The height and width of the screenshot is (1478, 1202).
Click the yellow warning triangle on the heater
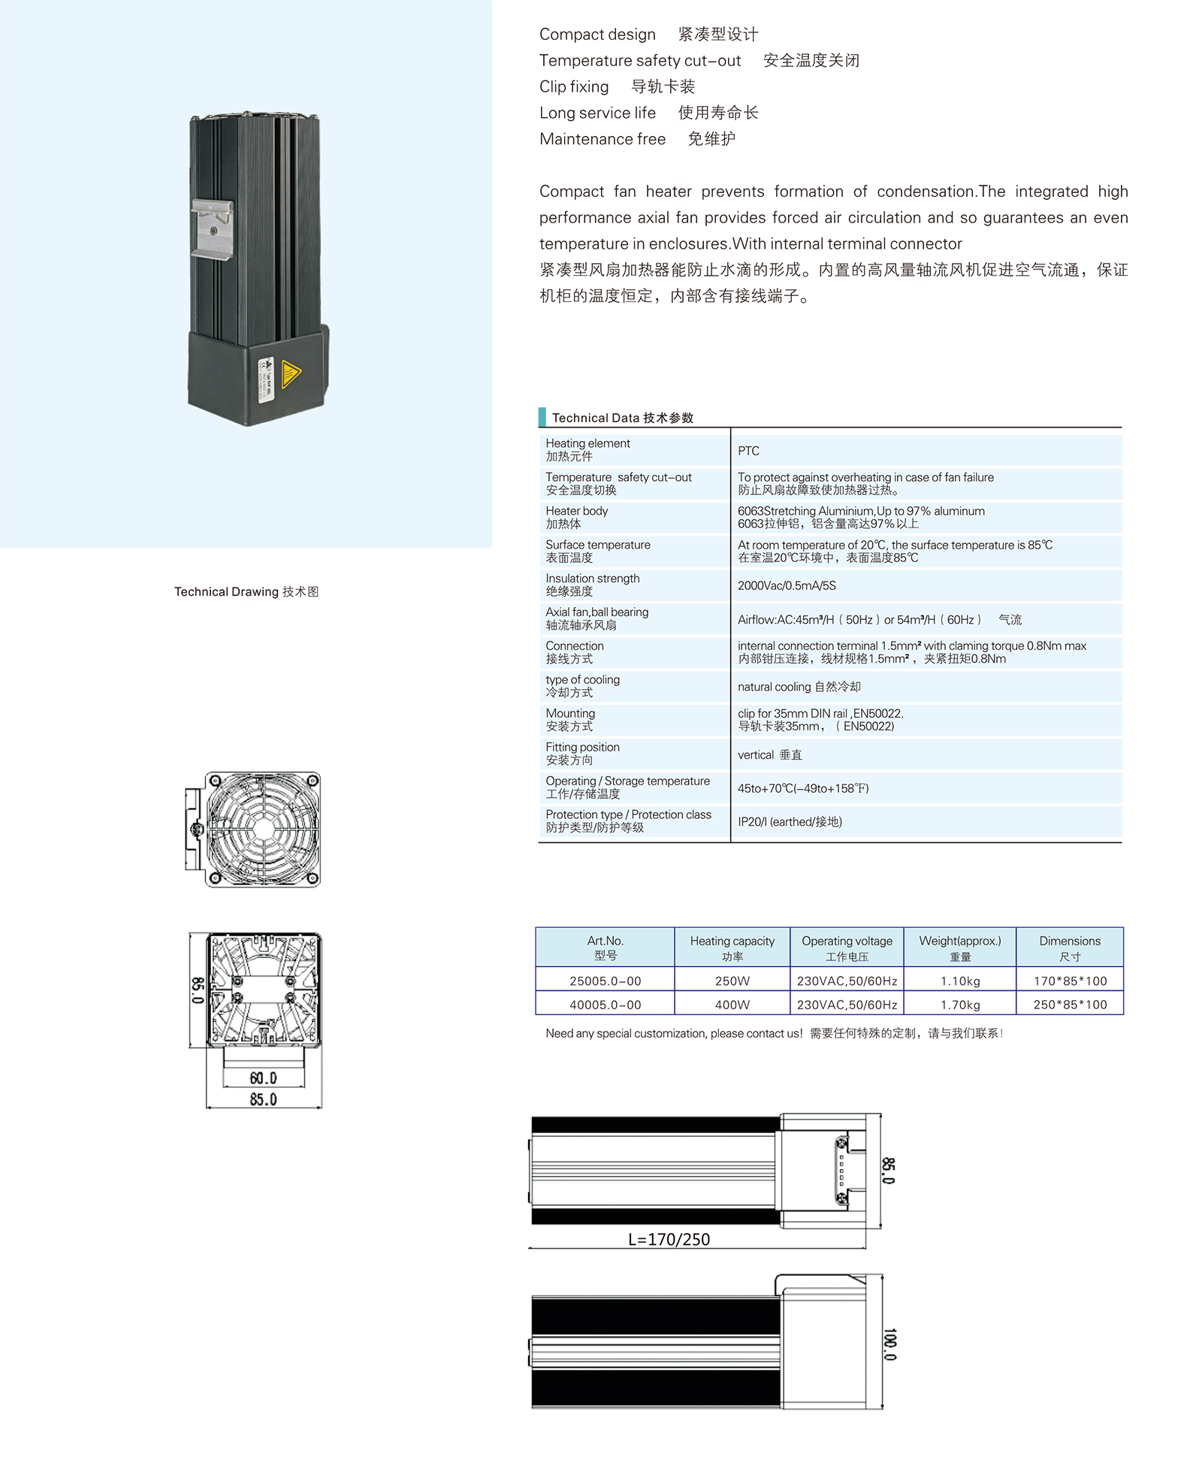click(x=291, y=373)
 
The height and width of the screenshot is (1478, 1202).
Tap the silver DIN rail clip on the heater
click(x=213, y=229)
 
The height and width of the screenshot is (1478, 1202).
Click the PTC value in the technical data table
click(x=748, y=451)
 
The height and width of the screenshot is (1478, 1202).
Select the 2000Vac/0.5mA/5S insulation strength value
click(x=786, y=585)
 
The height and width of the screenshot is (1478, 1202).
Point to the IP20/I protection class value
click(x=790, y=822)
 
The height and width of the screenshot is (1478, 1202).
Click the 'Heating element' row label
click(x=587, y=449)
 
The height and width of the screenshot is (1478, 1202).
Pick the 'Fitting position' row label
click(x=582, y=754)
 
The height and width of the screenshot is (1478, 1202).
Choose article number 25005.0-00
click(x=605, y=981)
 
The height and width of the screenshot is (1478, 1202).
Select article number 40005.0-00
click(x=605, y=1005)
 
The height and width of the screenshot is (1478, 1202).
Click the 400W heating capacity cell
click(x=732, y=1005)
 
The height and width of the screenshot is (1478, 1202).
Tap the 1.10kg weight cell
click(x=960, y=981)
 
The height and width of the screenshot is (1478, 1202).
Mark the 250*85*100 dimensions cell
click(x=1070, y=1005)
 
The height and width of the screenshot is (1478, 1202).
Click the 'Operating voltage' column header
click(x=847, y=948)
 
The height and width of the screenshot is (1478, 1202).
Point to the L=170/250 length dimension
click(x=669, y=1239)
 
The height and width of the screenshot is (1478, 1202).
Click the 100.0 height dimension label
click(x=889, y=1344)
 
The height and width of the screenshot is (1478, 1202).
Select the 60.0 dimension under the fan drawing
click(x=263, y=1078)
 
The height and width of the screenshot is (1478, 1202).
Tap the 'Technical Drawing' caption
click(x=246, y=591)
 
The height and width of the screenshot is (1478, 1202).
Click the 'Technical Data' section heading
click(x=622, y=418)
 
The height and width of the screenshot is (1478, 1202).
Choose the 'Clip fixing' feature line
click(x=617, y=86)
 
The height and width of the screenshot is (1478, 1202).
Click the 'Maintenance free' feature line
click(x=637, y=139)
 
